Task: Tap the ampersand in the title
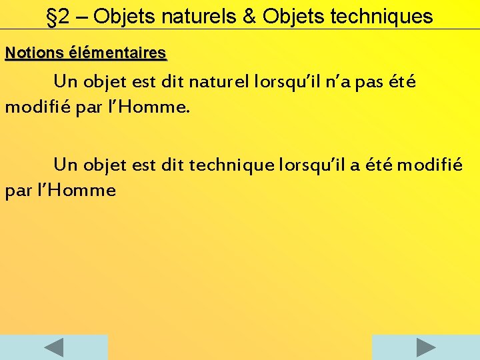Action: tap(249, 17)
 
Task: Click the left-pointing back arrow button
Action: tap(53, 347)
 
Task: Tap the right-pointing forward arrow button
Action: tap(425, 347)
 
